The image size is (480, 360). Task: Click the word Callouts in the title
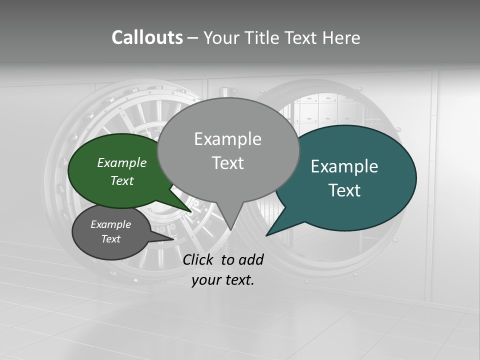click(147, 38)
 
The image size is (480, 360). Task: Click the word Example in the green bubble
click(122, 162)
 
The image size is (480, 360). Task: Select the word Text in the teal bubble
click(345, 190)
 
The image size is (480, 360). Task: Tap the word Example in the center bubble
click(227, 139)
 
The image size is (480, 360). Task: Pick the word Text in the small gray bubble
click(111, 239)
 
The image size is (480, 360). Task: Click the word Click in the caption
click(198, 259)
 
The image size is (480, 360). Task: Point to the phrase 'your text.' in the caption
click(223, 280)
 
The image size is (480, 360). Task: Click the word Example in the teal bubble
click(344, 166)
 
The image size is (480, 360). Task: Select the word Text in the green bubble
click(122, 180)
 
